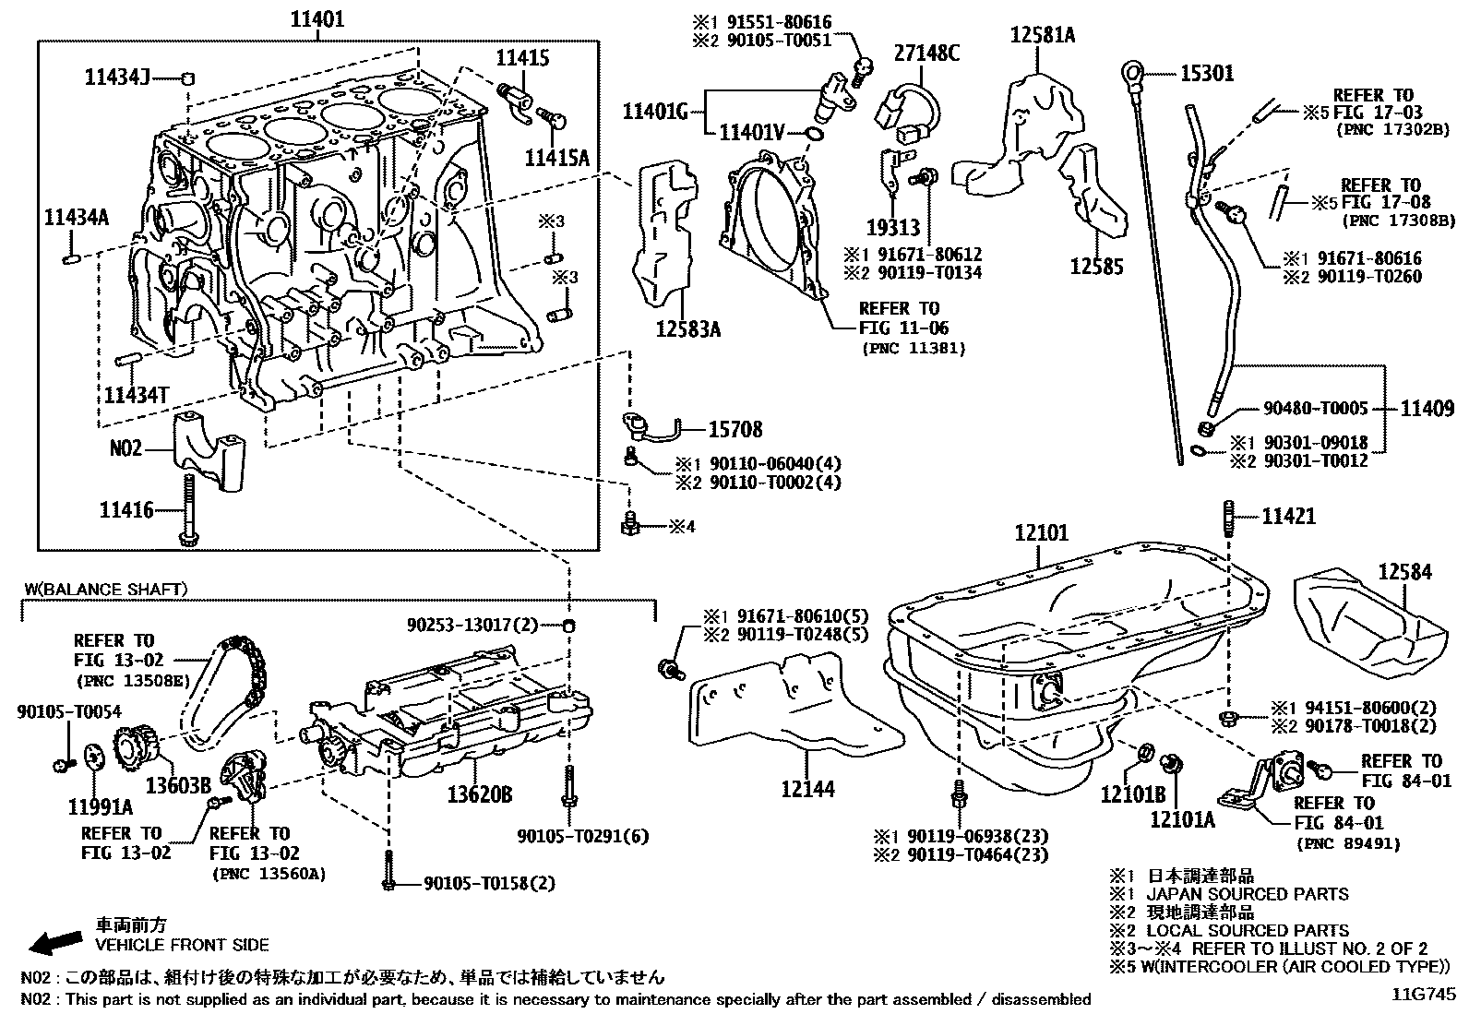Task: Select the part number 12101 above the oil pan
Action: pos(1041,533)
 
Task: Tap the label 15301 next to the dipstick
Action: pos(1207,73)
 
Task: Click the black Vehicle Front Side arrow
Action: pos(54,941)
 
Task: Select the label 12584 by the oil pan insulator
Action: pos(1404,573)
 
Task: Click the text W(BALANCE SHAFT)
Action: pos(106,588)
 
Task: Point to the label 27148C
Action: pos(926,54)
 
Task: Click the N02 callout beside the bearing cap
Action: pos(126,448)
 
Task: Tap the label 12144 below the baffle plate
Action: pos(807,789)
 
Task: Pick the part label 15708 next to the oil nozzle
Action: pos(735,429)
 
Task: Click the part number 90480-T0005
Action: pos(1315,408)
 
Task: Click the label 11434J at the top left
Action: pos(117,78)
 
